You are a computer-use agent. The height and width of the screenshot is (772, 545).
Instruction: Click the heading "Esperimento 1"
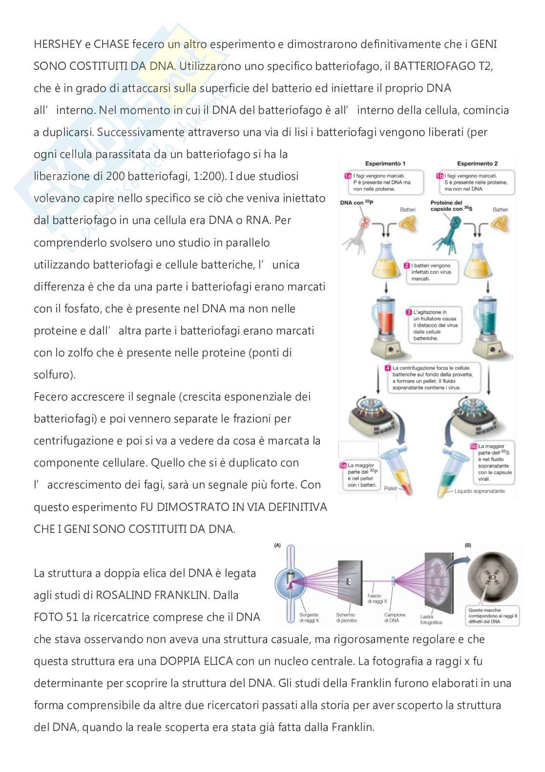(385, 163)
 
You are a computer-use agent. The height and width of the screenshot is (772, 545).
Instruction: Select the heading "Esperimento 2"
(477, 163)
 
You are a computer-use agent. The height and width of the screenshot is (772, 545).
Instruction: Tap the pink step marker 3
(409, 311)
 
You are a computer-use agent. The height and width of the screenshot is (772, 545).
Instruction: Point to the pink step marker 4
(387, 368)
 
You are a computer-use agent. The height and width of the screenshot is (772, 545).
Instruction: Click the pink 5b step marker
(473, 446)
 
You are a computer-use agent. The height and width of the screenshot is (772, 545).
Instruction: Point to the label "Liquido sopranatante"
(480, 491)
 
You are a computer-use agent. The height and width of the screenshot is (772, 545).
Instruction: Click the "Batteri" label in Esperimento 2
(500, 210)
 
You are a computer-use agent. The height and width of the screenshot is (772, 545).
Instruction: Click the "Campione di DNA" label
(395, 618)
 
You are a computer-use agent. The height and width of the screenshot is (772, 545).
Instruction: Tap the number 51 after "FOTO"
(71, 617)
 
